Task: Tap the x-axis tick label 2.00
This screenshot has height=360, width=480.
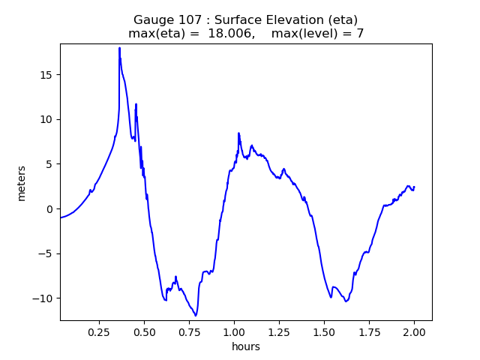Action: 414,331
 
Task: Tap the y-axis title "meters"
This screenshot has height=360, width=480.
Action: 22,183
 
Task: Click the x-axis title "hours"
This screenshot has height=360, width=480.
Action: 246,346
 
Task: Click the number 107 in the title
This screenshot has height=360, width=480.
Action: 184,19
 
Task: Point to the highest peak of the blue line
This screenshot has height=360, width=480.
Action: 119,48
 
